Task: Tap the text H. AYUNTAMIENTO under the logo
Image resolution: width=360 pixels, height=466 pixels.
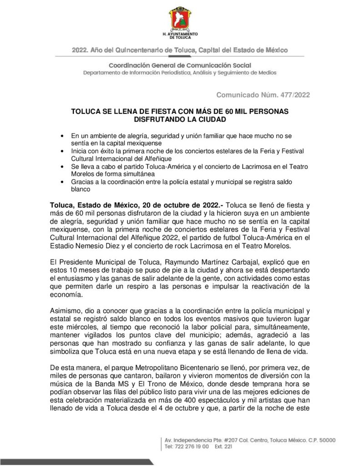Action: pyautogui.click(x=180, y=35)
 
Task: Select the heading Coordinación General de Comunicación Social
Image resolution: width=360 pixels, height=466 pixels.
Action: pyautogui.click(x=180, y=66)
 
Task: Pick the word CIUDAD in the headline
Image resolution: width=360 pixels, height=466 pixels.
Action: pyautogui.click(x=211, y=119)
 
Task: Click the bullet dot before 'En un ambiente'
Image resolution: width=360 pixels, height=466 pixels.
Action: pyautogui.click(x=62, y=136)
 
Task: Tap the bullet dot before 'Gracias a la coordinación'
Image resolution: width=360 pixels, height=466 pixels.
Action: pyautogui.click(x=62, y=182)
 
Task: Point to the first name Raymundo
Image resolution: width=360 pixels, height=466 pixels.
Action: pyautogui.click(x=155, y=263)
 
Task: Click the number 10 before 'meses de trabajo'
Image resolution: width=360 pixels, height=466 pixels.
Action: pyautogui.click(x=70, y=270)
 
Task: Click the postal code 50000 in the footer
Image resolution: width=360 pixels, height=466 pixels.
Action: pyautogui.click(x=325, y=440)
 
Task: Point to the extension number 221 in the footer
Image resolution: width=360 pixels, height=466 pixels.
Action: pyautogui.click(x=229, y=447)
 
